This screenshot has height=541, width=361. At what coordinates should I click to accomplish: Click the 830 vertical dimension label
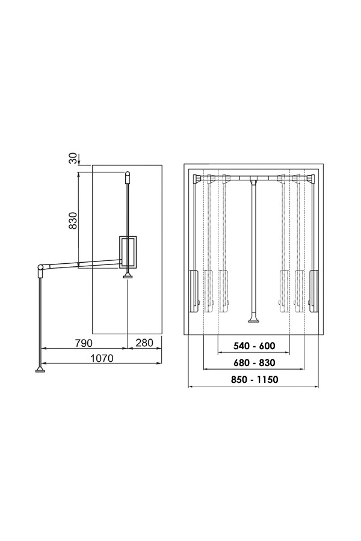click(73, 221)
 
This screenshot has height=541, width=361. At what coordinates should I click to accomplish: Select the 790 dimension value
click(84, 343)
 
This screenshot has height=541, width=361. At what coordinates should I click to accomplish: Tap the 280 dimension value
click(144, 343)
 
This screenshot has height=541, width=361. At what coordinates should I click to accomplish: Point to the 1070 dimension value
click(102, 358)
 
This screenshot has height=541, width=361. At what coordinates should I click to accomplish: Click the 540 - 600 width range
click(255, 346)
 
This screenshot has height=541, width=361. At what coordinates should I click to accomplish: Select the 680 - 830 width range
click(255, 362)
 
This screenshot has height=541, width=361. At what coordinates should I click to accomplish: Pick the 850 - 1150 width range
click(255, 379)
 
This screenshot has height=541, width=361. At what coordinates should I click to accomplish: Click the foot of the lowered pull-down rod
click(40, 370)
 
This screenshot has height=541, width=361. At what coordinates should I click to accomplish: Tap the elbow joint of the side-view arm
click(41, 267)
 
